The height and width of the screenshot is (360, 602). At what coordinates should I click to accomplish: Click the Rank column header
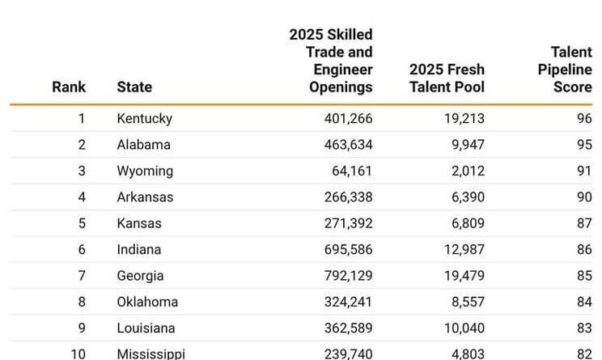(69, 87)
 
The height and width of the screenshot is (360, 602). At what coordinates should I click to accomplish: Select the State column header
(134, 87)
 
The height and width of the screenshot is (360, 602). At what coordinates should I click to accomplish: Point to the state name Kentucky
(144, 118)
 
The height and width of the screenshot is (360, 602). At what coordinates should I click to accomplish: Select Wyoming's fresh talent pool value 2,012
(464, 171)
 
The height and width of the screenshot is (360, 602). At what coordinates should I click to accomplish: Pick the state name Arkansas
(145, 197)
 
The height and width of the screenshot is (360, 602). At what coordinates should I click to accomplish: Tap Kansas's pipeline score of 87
(583, 223)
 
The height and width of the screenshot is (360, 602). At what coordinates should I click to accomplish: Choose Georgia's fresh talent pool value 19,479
(460, 276)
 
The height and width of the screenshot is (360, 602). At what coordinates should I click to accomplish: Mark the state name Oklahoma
(147, 302)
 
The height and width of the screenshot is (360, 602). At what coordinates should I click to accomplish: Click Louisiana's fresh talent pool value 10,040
(460, 328)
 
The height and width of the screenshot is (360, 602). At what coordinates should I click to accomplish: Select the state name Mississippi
(150, 354)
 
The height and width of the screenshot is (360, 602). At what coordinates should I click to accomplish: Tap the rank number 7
(81, 276)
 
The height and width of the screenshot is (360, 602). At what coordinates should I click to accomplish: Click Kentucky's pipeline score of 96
(583, 118)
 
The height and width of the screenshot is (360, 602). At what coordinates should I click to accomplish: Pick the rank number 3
(81, 171)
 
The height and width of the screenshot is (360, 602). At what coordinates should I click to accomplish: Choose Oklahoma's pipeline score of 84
(583, 302)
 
